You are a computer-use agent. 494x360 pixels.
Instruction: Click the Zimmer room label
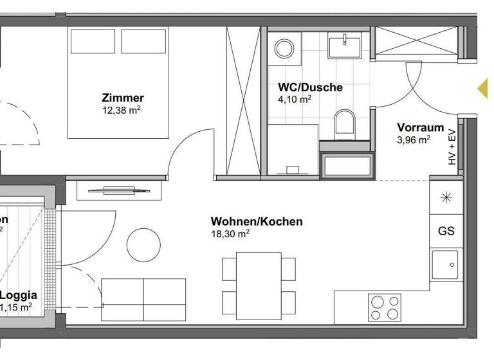123,98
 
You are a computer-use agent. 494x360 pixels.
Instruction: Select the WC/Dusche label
310,87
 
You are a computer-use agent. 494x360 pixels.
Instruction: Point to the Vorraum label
420,127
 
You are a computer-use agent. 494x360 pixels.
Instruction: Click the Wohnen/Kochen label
257,222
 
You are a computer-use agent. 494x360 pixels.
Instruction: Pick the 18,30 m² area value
230,234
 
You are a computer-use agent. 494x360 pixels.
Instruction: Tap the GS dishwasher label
446,231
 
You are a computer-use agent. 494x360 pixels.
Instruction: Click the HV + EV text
452,148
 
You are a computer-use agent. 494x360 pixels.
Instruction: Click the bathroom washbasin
345,45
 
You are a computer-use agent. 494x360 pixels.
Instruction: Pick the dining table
259,283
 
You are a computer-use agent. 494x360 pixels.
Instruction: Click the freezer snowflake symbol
446,197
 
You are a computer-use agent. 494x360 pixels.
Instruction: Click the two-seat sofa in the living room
144,298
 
